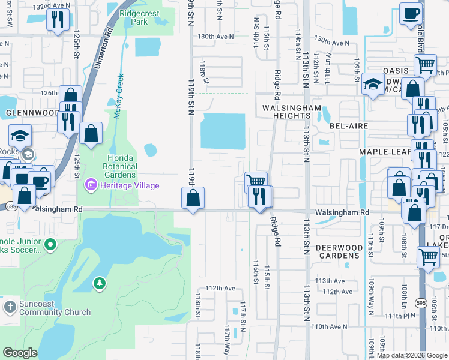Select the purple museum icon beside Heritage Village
[91, 184]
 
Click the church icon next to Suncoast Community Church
[9, 307]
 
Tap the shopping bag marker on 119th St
[193, 199]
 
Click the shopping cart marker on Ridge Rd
[256, 181]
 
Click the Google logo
[20, 352]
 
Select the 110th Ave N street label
[330, 326]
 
